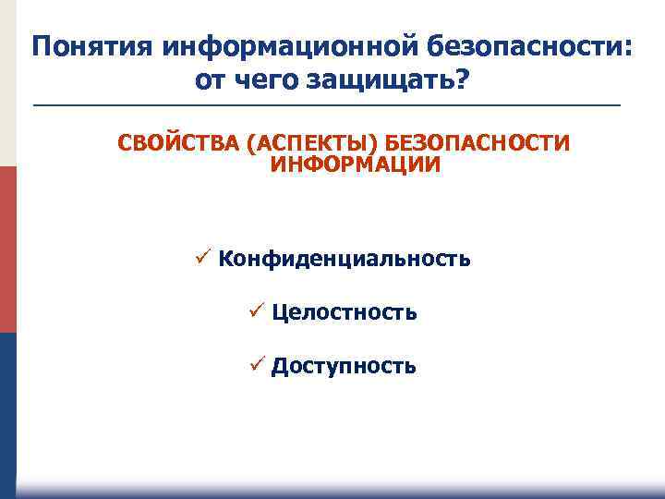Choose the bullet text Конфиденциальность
point(345,259)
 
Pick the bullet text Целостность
point(345,312)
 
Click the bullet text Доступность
point(344,366)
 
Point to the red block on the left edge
point(7,249)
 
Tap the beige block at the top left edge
point(7,83)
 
